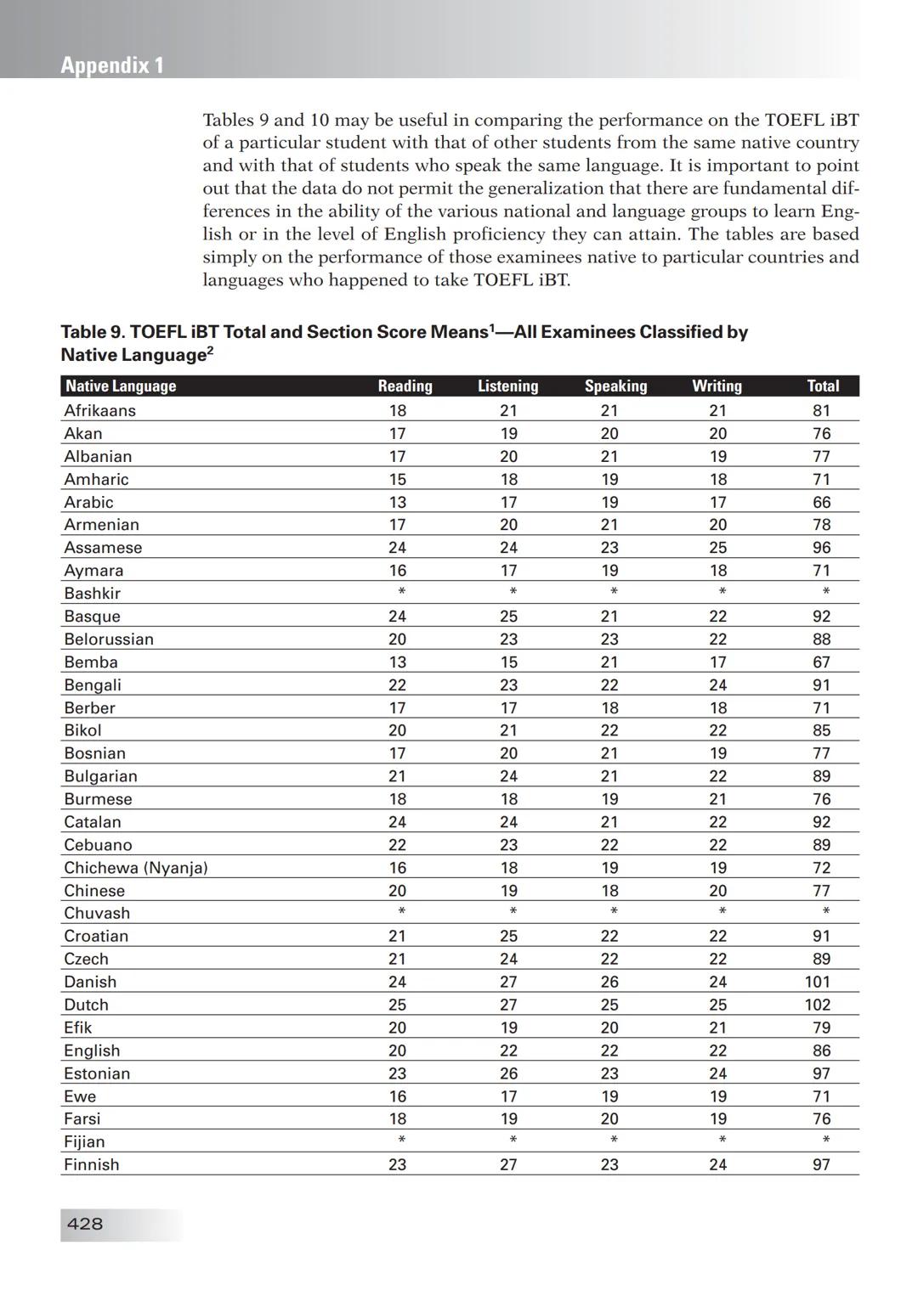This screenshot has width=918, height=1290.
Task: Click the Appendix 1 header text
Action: pyautogui.click(x=112, y=65)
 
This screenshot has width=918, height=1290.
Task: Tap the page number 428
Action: pyautogui.click(x=84, y=1224)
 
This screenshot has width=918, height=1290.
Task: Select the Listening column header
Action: pyautogui.click(x=507, y=386)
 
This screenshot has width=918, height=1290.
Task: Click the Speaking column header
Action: pyautogui.click(x=615, y=386)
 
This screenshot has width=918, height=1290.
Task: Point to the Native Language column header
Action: pyautogui.click(x=121, y=386)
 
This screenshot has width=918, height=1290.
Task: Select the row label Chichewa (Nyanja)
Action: pyautogui.click(x=136, y=868)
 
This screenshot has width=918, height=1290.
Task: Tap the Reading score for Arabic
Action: pyautogui.click(x=397, y=503)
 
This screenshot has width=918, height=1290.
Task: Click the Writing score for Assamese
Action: pyautogui.click(x=718, y=548)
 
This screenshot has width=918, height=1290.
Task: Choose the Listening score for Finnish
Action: pyautogui.click(x=508, y=1165)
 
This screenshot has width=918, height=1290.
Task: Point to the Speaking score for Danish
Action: pyautogui.click(x=609, y=982)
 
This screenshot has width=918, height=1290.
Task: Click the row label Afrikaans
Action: pyautogui.click(x=99, y=411)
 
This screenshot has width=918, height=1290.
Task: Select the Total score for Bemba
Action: pyautogui.click(x=821, y=662)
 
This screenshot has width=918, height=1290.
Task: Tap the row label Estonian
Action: pyautogui.click(x=97, y=1073)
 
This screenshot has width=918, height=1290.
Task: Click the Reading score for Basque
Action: pyautogui.click(x=397, y=617)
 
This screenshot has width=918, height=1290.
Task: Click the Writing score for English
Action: pyautogui.click(x=718, y=1051)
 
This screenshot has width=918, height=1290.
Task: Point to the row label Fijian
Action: pyautogui.click(x=84, y=1142)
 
